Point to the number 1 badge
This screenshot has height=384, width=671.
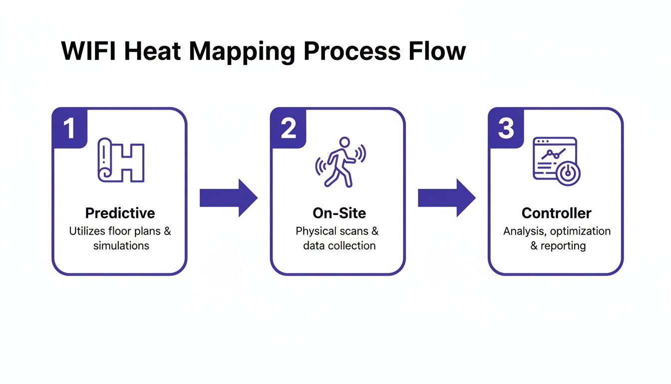tap(69, 128)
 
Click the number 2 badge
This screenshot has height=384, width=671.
tap(288, 128)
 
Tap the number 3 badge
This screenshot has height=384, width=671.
tap(506, 128)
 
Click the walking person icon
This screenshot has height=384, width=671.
tap(339, 162)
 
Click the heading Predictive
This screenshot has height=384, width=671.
tap(120, 213)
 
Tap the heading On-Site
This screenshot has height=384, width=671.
tap(339, 213)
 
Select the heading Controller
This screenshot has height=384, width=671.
tap(556, 213)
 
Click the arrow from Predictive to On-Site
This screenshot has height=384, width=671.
tap(228, 198)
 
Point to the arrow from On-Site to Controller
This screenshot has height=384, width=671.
tap(446, 198)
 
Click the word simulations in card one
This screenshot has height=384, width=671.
tap(121, 246)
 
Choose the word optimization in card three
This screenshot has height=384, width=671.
tap(580, 231)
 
